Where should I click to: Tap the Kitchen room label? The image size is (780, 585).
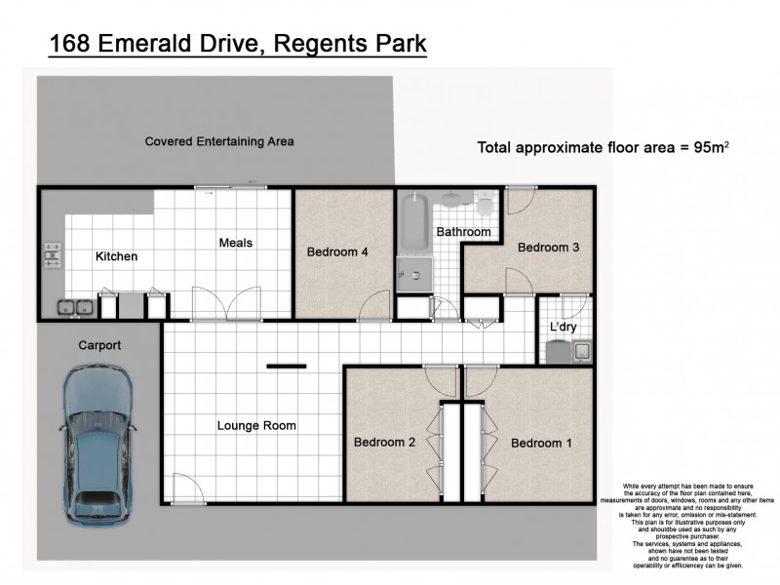tap(116, 256)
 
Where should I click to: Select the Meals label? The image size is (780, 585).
tap(237, 243)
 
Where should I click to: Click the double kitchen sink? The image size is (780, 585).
tap(75, 307)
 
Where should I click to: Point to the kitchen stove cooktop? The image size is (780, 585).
tap(51, 255)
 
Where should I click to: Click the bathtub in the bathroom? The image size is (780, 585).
tap(412, 223)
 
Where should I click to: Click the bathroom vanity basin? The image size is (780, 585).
tap(451, 201)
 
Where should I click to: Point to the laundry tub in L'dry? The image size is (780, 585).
tap(580, 351)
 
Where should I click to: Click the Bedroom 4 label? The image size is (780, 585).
tap(337, 252)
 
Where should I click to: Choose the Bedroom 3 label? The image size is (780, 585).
tap(548, 247)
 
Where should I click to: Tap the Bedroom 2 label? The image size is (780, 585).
tap(384, 442)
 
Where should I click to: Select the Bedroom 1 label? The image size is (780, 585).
tap(542, 443)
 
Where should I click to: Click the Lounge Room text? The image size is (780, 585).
tap(256, 425)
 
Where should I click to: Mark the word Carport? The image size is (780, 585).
tap(99, 345)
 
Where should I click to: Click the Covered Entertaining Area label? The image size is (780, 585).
tap(219, 141)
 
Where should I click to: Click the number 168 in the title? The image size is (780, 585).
tap(71, 44)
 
